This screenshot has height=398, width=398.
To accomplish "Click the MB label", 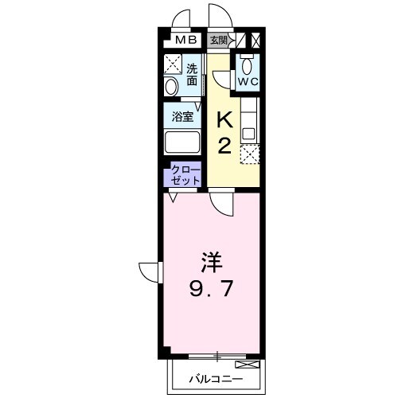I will pyautogui.click(x=185, y=39).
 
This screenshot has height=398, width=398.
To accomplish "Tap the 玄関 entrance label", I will pyautogui.click(x=218, y=39).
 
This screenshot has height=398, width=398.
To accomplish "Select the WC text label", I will pyautogui.click(x=247, y=80).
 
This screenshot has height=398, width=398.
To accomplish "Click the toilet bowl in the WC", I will pyautogui.click(x=247, y=64).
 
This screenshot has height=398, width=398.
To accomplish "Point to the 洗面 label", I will pyautogui.click(x=192, y=74).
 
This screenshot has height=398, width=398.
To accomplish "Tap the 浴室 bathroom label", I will pyautogui.click(x=183, y=116).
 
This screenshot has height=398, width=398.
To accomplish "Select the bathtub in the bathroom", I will pyautogui.click(x=181, y=143).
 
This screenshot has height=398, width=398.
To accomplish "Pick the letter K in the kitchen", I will pyautogui.click(x=224, y=120).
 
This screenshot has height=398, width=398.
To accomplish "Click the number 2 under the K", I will pyautogui.click(x=224, y=146).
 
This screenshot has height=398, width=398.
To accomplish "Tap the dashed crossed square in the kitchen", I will pyautogui.click(x=251, y=155).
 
